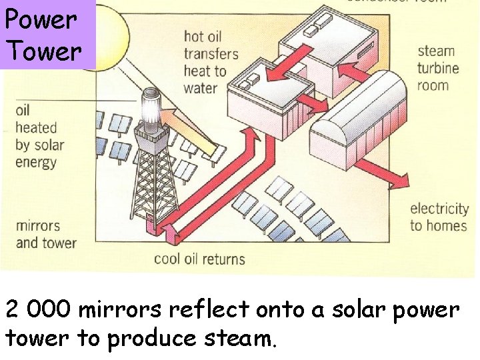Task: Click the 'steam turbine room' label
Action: pyautogui.click(x=437, y=68)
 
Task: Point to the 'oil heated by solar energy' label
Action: pyautogui.click(x=39, y=136)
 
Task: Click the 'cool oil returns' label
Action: pyautogui.click(x=199, y=259)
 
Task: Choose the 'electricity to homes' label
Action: pyautogui.click(x=438, y=217)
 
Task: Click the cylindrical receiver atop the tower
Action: pyautogui.click(x=153, y=106)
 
